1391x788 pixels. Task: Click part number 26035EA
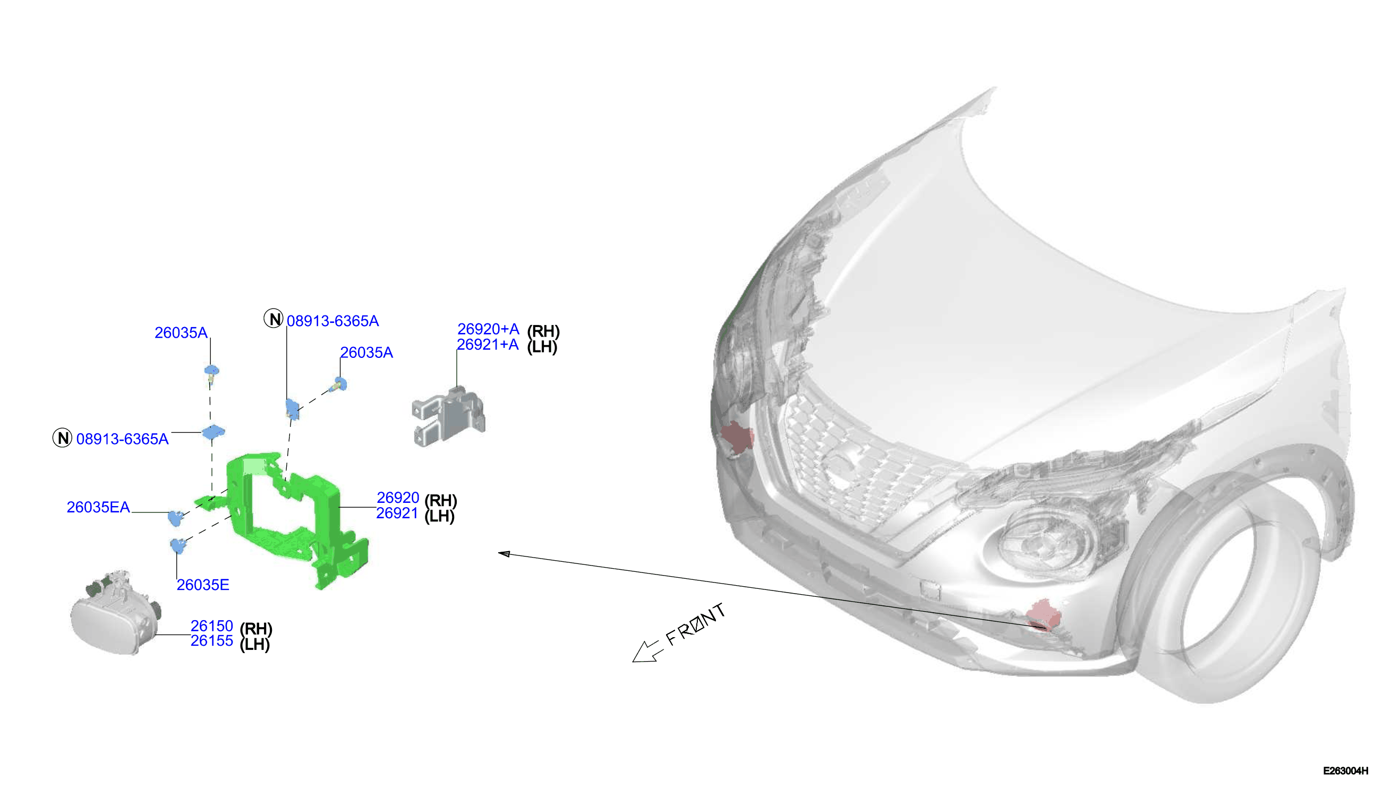pyautogui.click(x=98, y=507)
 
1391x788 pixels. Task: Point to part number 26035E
pyautogui.click(x=203, y=585)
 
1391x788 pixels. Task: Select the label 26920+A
pyautogui.click(x=488, y=329)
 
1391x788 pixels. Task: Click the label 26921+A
pyautogui.click(x=488, y=345)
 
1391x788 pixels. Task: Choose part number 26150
pyautogui.click(x=211, y=626)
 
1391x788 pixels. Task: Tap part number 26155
pyautogui.click(x=211, y=641)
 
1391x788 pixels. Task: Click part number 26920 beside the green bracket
pyautogui.click(x=398, y=498)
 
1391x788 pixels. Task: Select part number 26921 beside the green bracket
pyautogui.click(x=397, y=513)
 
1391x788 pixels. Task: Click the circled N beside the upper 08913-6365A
pyautogui.click(x=274, y=319)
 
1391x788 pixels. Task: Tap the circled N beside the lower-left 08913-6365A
pyautogui.click(x=62, y=438)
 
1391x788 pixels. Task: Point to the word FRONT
pyautogui.click(x=696, y=624)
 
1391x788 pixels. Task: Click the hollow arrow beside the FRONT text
pyautogui.click(x=645, y=652)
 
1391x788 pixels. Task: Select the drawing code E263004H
pyautogui.click(x=1345, y=770)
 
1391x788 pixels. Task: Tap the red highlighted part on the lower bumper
pyautogui.click(x=1043, y=615)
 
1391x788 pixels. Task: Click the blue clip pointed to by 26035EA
pyautogui.click(x=175, y=518)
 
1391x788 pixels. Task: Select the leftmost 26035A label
pyautogui.click(x=181, y=333)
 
